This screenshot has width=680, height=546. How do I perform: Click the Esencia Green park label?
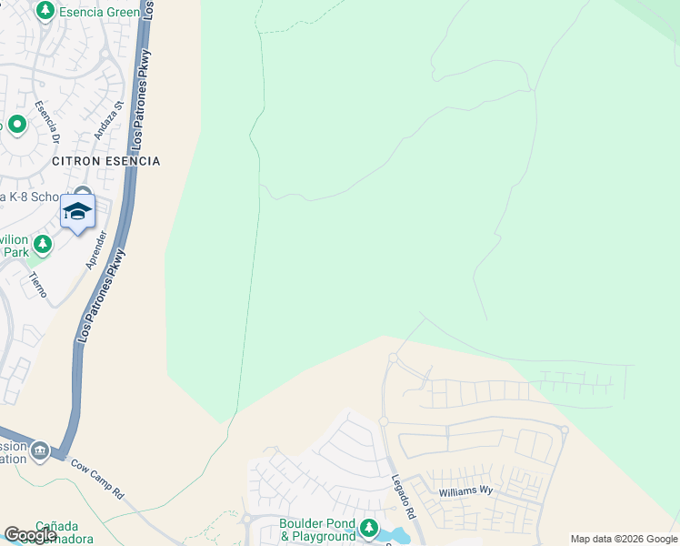[x=99, y=12]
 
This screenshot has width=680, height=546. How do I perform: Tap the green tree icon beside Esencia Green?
[x=45, y=12]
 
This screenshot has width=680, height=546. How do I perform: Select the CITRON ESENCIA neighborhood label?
[x=106, y=161]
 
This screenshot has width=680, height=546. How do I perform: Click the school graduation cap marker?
[x=77, y=213]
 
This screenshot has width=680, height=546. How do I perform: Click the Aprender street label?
[x=95, y=248]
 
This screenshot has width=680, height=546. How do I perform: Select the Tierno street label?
[x=37, y=284]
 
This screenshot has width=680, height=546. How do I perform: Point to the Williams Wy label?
[x=465, y=490]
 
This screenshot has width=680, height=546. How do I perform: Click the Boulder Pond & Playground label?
[x=317, y=530]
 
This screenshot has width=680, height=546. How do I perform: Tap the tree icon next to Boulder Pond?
[x=368, y=528]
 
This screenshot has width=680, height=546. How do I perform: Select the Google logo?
[x=30, y=535]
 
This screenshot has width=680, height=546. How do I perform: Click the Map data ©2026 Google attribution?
[x=624, y=539]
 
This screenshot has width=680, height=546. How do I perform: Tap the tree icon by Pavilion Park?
[x=42, y=244]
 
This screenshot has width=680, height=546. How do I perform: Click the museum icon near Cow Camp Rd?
[x=39, y=450]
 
